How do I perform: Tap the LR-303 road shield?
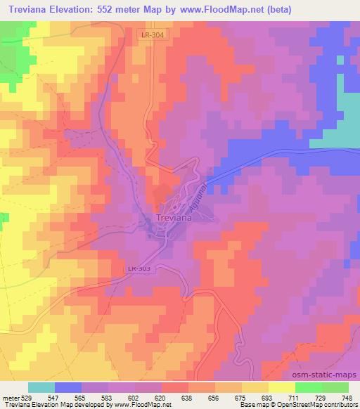138,268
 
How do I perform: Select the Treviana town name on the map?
172,219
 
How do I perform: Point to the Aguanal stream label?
199,195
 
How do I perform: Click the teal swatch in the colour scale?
41,387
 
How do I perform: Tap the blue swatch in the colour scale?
68,387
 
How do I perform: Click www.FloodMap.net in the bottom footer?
132,405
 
